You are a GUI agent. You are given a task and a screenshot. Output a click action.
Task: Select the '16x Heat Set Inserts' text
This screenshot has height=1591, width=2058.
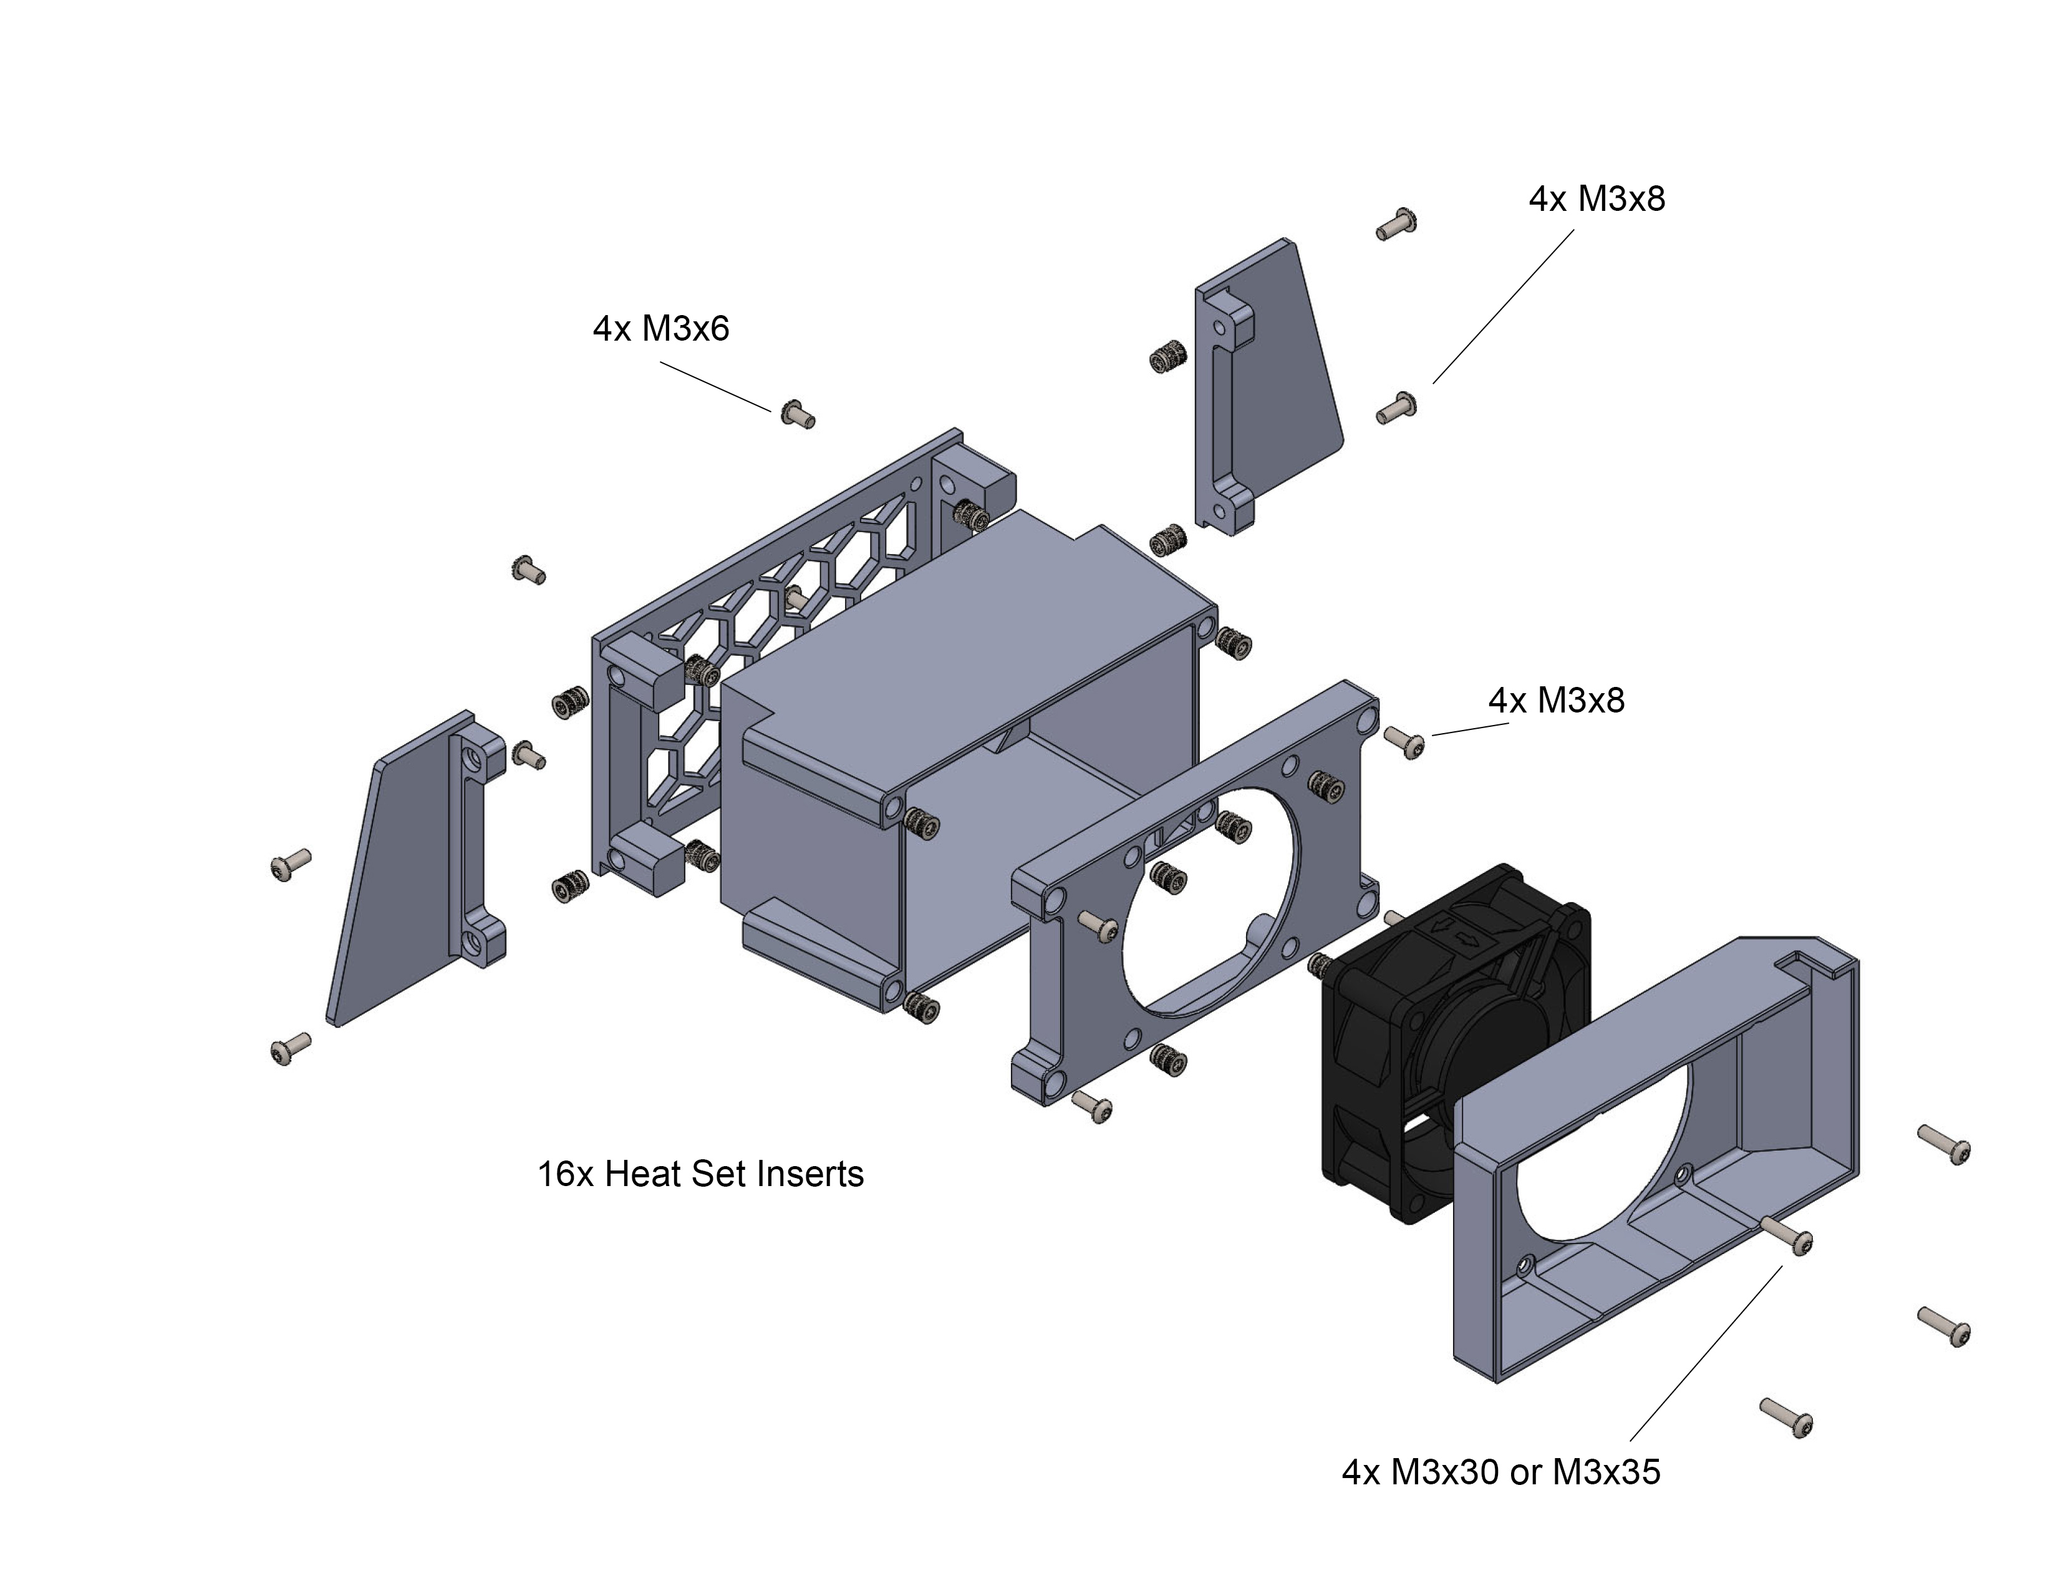tap(700, 1174)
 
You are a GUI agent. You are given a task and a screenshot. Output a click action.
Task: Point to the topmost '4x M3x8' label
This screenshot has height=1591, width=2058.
tap(1597, 199)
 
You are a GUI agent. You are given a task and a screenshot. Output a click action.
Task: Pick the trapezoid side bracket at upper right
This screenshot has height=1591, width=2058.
tap(1282, 377)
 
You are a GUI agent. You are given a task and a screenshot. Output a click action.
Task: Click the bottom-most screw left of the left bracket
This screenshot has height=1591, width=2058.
tap(289, 1048)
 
